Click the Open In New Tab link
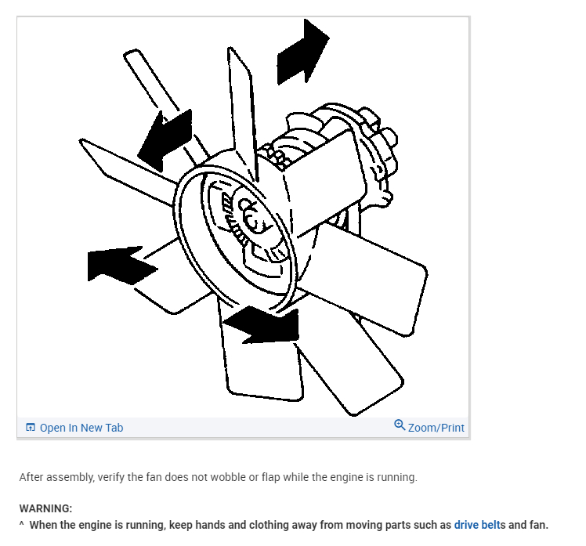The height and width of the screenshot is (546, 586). pos(81,428)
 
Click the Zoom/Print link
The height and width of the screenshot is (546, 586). pos(436,428)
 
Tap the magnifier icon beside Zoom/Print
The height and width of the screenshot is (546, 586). pos(400,425)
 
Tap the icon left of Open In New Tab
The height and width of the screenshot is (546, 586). pos(31,428)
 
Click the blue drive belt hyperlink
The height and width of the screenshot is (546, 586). pos(477,525)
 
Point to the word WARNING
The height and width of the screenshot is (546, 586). pos(45,508)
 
